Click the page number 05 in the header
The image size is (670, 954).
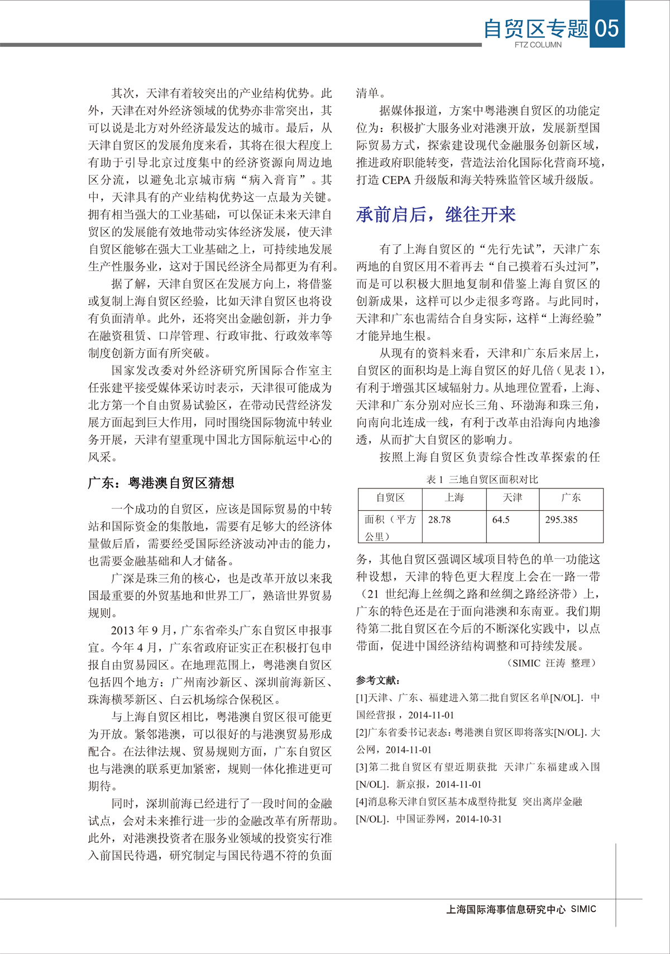tap(607, 27)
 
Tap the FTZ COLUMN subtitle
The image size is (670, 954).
tap(538, 45)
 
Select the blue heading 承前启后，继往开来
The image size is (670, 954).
tap(435, 215)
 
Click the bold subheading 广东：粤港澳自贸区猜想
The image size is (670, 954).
tap(161, 483)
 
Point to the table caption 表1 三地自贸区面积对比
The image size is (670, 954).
tap(482, 480)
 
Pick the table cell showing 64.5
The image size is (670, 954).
tap(501, 520)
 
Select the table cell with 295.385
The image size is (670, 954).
tap(561, 520)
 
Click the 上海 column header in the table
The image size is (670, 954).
tap(454, 497)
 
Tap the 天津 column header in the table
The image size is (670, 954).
tap(512, 497)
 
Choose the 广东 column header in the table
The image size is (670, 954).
tap(571, 497)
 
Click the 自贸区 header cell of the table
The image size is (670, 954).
tap(390, 497)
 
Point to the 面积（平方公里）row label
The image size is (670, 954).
tap(390, 528)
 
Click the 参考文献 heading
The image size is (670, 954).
tap(378, 680)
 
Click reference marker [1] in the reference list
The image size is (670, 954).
tap(362, 698)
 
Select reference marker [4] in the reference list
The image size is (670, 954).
tap(362, 802)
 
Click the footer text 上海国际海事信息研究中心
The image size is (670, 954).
tap(506, 909)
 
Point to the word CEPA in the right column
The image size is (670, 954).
tap(396, 180)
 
